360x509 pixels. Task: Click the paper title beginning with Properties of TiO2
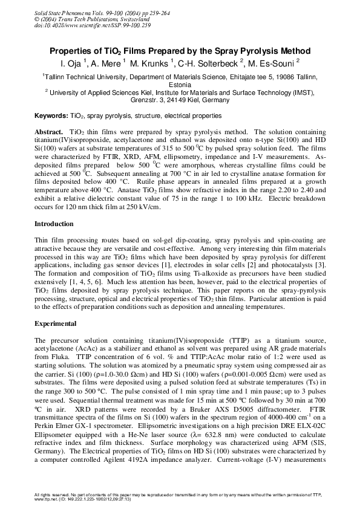(x=180, y=51)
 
